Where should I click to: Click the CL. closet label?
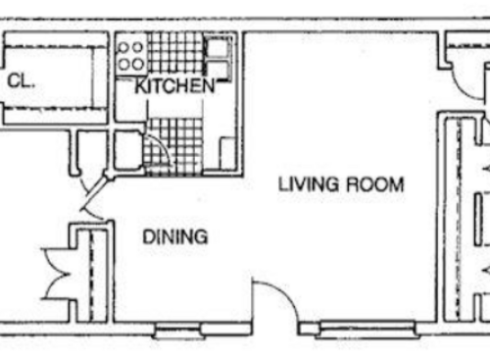click(21, 83)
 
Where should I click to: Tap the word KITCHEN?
click(174, 87)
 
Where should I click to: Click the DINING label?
click(175, 236)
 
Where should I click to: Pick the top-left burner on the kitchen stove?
click(124, 48)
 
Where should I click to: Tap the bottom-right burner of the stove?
click(138, 64)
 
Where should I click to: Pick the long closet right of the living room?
click(453, 216)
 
